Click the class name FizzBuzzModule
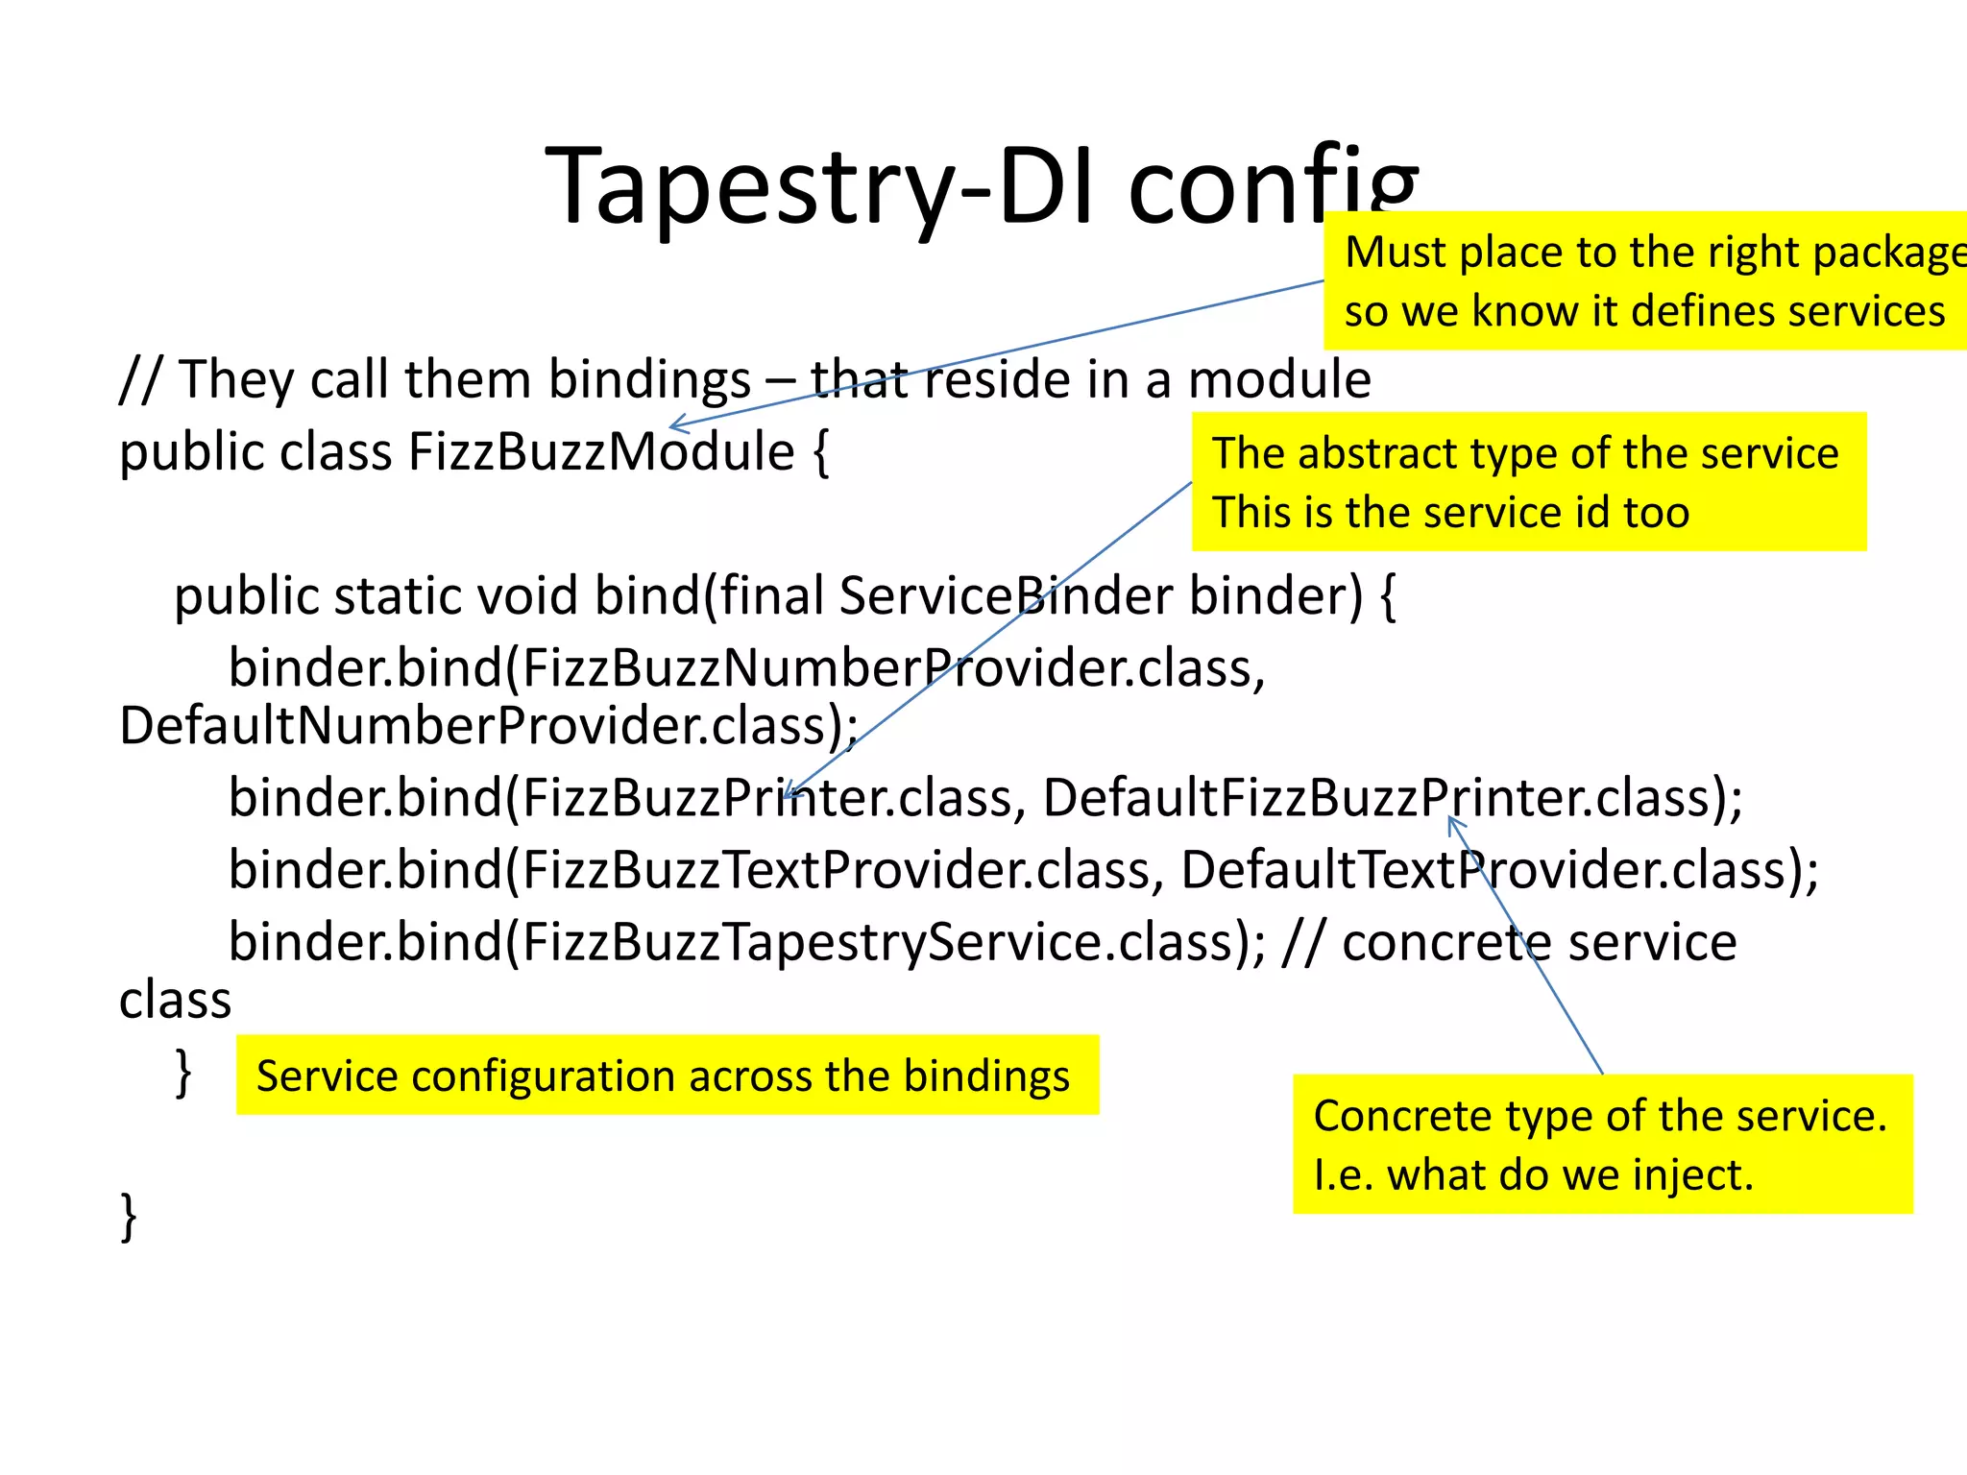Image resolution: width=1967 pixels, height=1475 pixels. [601, 451]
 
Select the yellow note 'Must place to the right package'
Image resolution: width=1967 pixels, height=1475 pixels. [1644, 280]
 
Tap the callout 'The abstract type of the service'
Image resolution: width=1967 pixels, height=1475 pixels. [1528, 482]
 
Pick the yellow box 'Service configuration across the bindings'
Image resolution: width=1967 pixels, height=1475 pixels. [667, 1076]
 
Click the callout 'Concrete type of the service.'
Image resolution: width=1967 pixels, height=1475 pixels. [1602, 1144]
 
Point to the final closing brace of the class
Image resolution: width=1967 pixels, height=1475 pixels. [129, 1217]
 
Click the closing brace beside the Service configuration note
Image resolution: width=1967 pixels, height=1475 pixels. [183, 1073]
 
